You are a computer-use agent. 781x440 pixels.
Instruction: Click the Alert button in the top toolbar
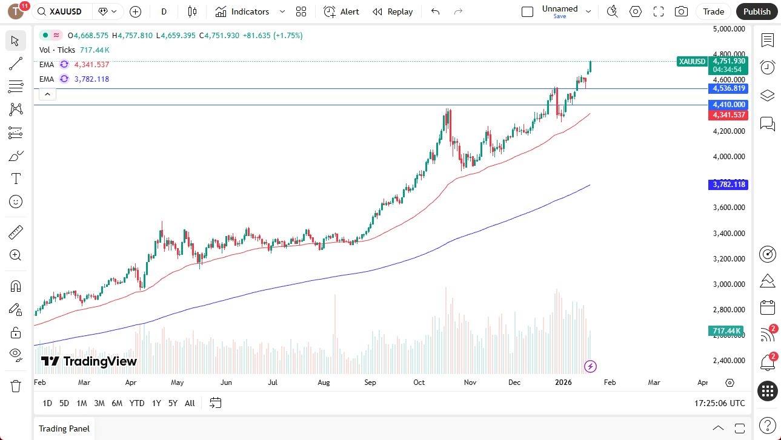[x=341, y=11]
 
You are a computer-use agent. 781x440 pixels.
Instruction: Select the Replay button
[x=393, y=11]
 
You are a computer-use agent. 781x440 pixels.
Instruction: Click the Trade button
[x=713, y=11]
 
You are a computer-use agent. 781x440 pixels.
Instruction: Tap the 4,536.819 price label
[x=729, y=88]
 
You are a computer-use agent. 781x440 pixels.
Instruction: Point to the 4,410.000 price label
[x=729, y=105]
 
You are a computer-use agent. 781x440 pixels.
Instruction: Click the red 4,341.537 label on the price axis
[x=729, y=115]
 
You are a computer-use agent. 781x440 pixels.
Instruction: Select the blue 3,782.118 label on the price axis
[x=728, y=185]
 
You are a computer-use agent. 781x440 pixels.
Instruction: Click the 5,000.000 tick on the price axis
[x=728, y=28]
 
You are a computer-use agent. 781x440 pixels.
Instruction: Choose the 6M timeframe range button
[x=117, y=403]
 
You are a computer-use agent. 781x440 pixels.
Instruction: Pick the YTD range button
[x=137, y=403]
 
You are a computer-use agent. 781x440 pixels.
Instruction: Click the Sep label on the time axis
[x=370, y=383]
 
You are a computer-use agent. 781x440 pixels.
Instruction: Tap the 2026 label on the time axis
[x=563, y=383]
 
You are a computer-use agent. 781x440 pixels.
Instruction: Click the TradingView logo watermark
[x=89, y=361]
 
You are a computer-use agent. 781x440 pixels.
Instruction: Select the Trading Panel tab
[x=64, y=429]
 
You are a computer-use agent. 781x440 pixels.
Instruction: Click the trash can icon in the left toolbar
[x=16, y=386]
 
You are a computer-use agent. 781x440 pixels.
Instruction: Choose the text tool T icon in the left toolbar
[x=16, y=179]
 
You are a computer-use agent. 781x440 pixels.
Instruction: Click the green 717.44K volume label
[x=728, y=330]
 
